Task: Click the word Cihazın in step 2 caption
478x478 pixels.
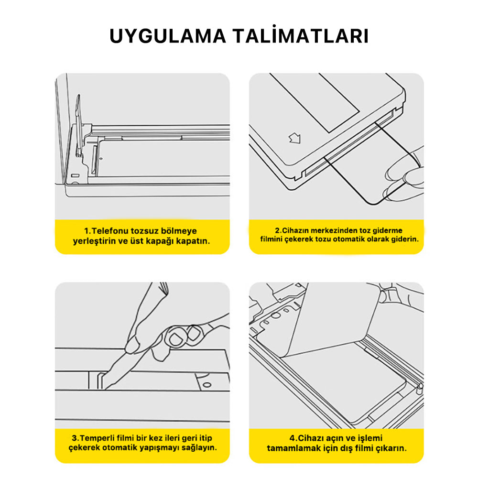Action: pyautogui.click(x=296, y=230)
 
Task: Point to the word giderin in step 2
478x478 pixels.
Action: pyautogui.click(x=406, y=239)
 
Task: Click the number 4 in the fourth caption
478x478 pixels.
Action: pyautogui.click(x=291, y=437)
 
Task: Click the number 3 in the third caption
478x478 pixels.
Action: pyautogui.click(x=75, y=437)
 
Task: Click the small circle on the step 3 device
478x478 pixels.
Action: pyautogui.click(x=206, y=384)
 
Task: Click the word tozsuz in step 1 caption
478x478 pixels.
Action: pyautogui.click(x=144, y=231)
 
